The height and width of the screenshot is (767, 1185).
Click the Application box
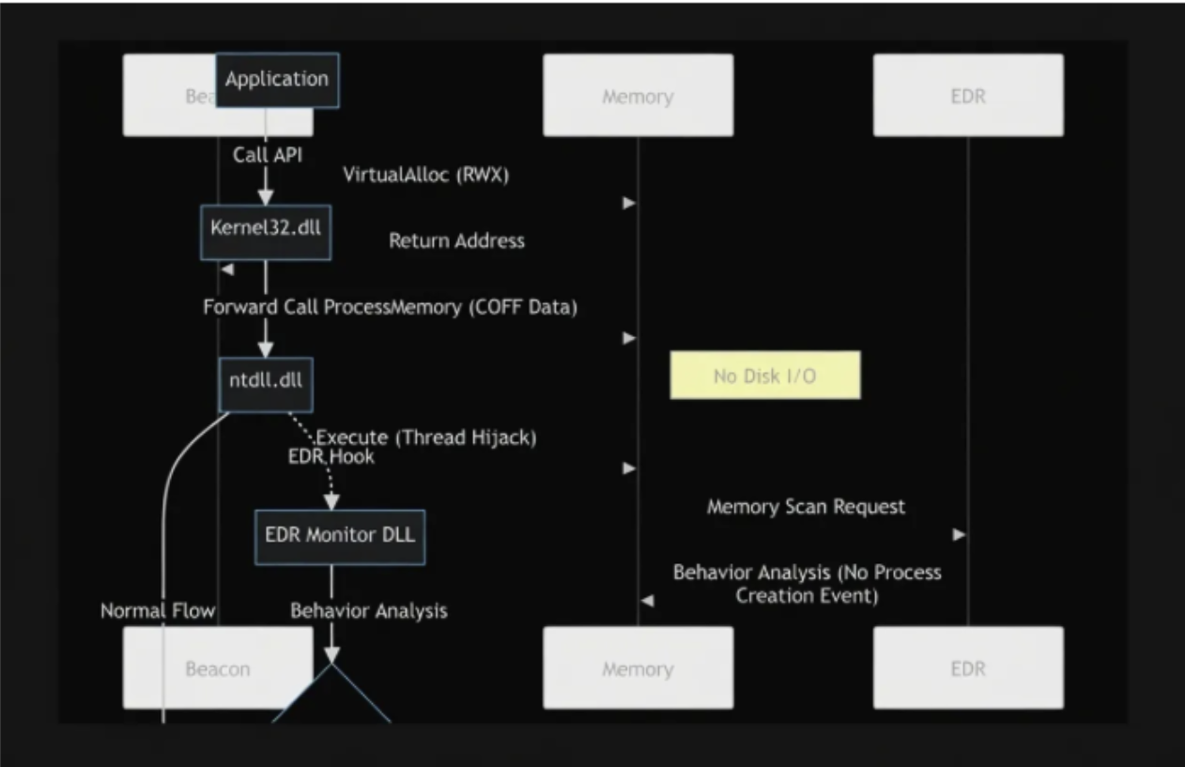[277, 80]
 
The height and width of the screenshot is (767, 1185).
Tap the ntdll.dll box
[266, 383]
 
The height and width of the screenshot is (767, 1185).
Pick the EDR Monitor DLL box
[340, 537]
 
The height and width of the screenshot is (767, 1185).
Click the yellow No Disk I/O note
[764, 375]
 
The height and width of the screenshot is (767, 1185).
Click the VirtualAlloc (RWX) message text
[426, 175]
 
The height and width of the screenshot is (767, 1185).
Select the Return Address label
[456, 241]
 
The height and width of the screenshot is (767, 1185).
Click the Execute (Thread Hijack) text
[426, 437]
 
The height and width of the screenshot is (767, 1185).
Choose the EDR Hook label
[331, 456]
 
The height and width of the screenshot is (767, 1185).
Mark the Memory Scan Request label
[806, 507]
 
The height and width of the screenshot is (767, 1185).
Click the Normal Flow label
[158, 611]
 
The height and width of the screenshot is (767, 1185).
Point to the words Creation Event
[807, 595]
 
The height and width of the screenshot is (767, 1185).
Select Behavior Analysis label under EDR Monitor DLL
[368, 611]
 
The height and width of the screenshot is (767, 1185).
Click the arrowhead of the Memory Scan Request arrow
[959, 534]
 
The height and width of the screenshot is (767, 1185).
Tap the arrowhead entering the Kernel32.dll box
[266, 197]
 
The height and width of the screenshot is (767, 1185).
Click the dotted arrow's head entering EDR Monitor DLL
[331, 502]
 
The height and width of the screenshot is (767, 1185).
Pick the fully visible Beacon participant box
[218, 668]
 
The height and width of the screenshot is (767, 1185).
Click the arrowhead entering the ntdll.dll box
[266, 349]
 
